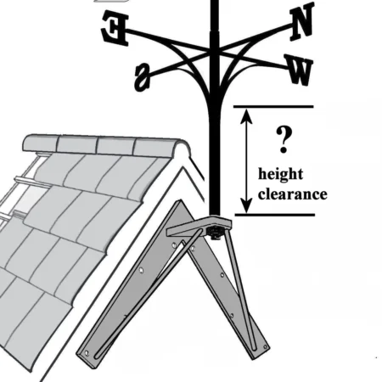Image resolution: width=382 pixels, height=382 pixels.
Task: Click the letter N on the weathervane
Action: [x=302, y=20]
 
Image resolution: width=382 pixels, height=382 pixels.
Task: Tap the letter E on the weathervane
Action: [x=115, y=28]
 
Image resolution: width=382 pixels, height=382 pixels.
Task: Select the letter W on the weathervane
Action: [x=299, y=70]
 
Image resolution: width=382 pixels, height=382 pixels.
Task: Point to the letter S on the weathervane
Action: [x=143, y=77]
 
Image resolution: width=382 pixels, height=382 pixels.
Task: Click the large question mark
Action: [x=284, y=139]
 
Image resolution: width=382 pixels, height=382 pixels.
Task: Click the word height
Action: [x=280, y=174]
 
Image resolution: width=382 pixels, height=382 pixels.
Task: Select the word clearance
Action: [x=293, y=194]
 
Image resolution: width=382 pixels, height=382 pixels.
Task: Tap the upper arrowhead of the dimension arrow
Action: [x=247, y=115]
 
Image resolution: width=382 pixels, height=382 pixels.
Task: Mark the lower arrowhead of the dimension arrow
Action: [x=247, y=205]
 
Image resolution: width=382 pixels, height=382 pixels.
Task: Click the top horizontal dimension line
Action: [x=273, y=107]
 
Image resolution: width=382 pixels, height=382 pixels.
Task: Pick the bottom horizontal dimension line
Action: [x=275, y=215]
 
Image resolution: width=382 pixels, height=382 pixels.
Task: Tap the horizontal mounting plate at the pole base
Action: [x=199, y=227]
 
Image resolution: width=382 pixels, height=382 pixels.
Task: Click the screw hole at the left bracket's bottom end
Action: [x=87, y=353]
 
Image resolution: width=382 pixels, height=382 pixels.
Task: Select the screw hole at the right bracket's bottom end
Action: [x=265, y=346]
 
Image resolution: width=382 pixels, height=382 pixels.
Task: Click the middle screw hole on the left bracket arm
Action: [x=141, y=271]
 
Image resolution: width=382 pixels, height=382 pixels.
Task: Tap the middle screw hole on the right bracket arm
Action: [x=222, y=274]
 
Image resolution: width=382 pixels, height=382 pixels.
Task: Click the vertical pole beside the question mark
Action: [x=214, y=159]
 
